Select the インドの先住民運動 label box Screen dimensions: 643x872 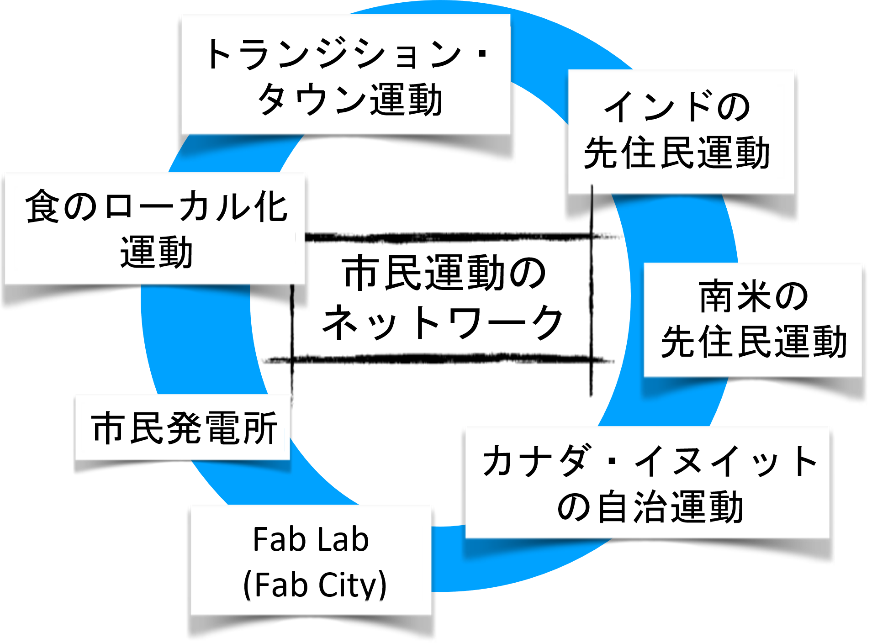click(x=681, y=132)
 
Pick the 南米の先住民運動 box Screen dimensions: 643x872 click(x=753, y=320)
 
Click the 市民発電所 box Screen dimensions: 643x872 click(x=183, y=427)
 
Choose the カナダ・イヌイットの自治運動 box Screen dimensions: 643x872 click(x=648, y=483)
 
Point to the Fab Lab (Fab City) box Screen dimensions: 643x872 click(x=311, y=561)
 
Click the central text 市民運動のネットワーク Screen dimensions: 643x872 click(x=443, y=297)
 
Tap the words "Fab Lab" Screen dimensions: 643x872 click(x=311, y=540)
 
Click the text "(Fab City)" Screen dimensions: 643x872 click(x=315, y=585)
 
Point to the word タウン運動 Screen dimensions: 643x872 click(x=350, y=100)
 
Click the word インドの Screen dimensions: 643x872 click(x=677, y=107)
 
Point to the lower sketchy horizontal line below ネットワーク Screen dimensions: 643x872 click(x=439, y=359)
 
